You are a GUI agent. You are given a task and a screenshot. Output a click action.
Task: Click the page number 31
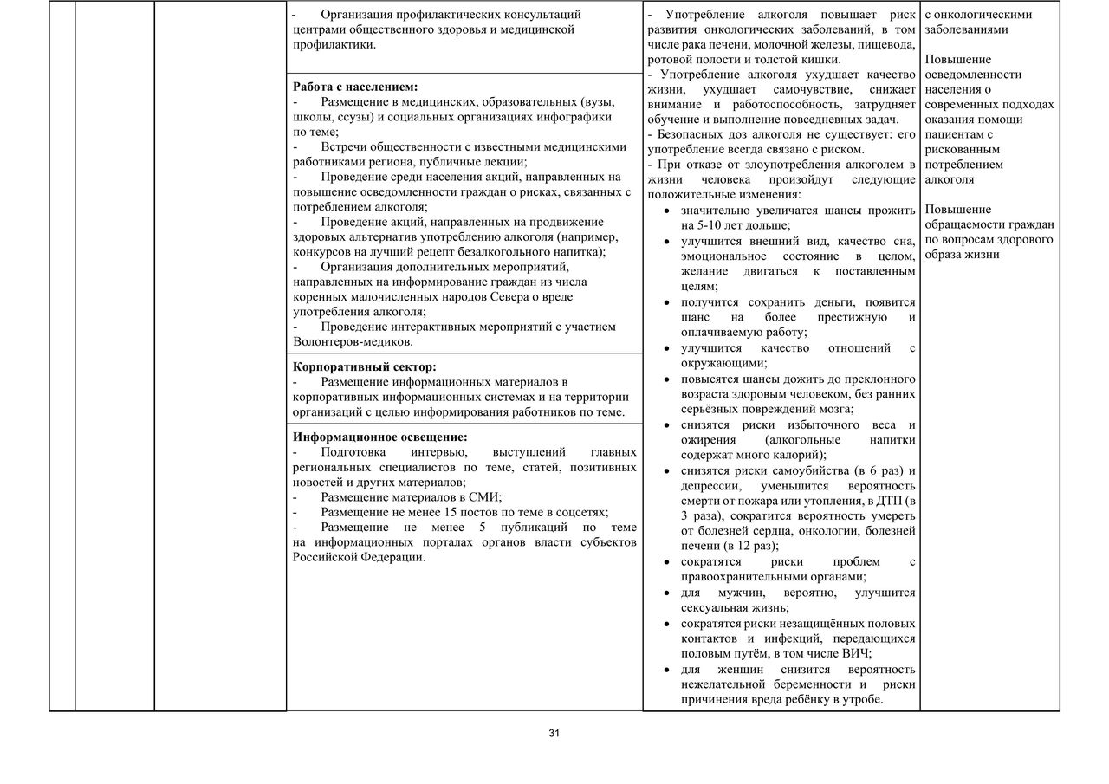(554, 734)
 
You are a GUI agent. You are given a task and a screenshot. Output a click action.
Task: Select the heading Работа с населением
(355, 87)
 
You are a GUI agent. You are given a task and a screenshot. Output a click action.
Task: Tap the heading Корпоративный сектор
(365, 366)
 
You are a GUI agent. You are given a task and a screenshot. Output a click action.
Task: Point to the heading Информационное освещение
(379, 437)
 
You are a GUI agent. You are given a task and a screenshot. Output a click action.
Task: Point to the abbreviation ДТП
(888, 501)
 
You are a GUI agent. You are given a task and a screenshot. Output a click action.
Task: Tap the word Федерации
(394, 557)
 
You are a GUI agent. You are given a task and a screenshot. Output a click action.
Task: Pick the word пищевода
(887, 44)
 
